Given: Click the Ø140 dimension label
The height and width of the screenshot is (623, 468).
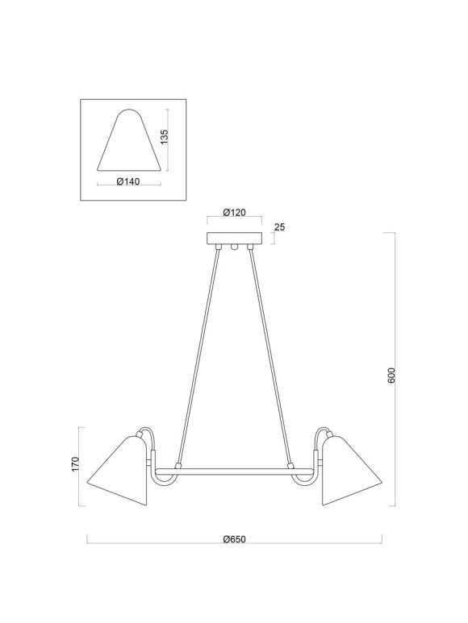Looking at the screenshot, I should (x=128, y=181).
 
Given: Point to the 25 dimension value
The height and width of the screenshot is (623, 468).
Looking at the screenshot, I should (x=279, y=227).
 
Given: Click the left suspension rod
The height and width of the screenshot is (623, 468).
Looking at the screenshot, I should (x=198, y=355).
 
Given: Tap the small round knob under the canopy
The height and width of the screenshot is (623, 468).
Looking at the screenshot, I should (x=235, y=248).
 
